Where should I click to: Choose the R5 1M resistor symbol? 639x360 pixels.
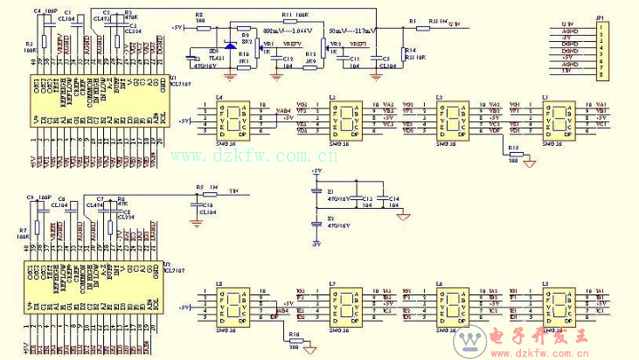point(210,195)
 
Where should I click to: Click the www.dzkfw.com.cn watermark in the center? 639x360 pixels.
point(237,155)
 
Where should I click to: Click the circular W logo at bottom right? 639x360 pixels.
point(472,340)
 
